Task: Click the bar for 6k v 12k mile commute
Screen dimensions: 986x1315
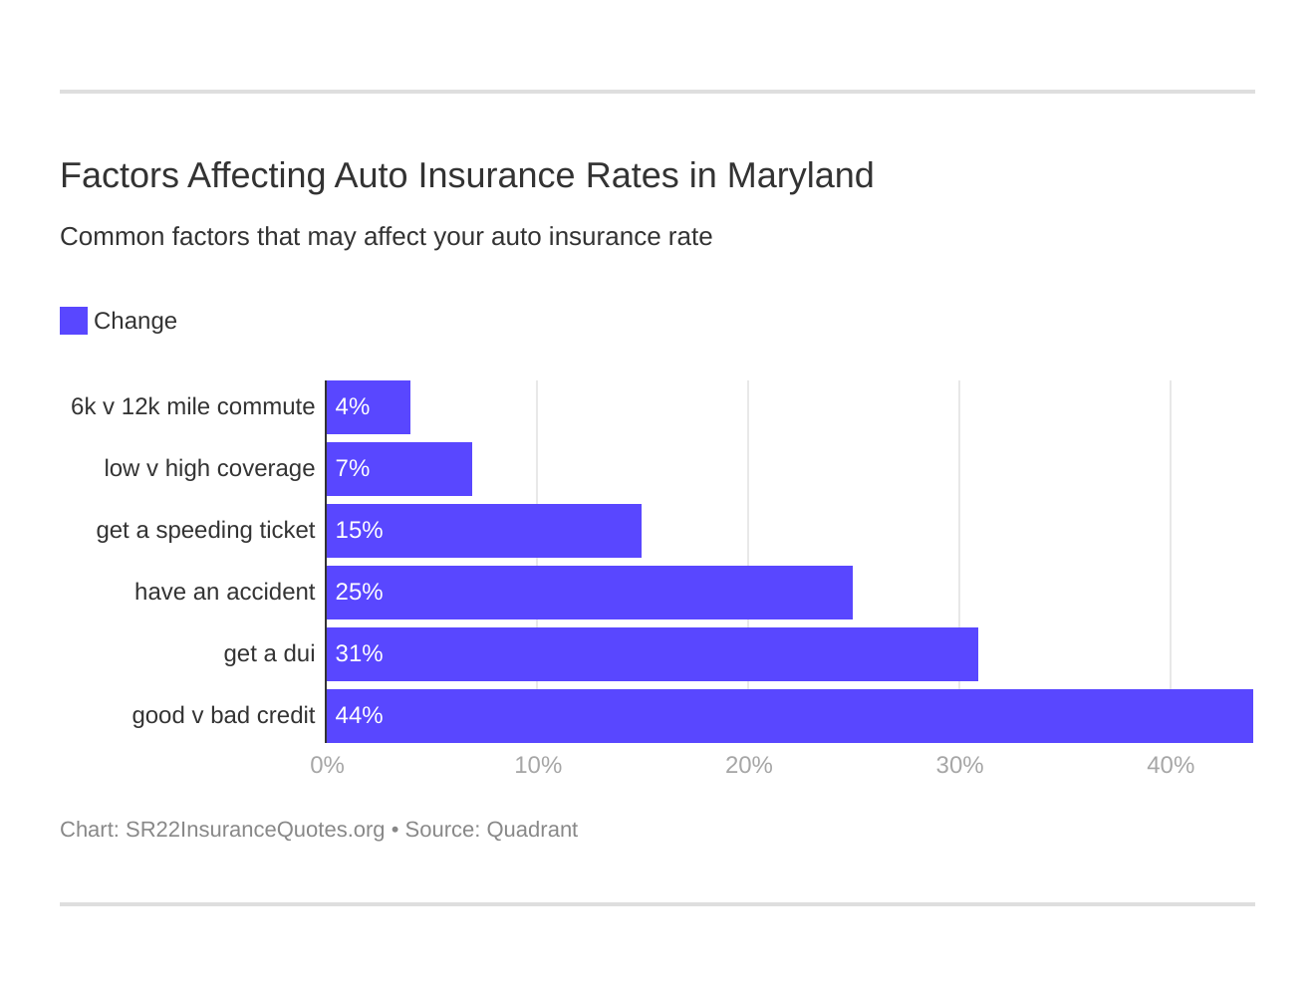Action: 369,407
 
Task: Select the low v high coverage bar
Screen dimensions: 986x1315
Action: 399,469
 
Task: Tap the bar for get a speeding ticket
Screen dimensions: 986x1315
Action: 484,531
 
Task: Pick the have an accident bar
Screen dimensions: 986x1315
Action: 590,593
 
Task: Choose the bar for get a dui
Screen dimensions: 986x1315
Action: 653,654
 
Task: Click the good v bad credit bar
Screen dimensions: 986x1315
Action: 790,716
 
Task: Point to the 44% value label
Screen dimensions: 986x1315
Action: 359,716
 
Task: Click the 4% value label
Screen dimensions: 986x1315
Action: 353,407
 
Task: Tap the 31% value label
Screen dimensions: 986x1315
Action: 359,654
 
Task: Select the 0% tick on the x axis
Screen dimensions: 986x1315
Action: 327,765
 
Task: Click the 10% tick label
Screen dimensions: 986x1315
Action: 538,765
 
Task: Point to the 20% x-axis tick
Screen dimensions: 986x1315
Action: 749,765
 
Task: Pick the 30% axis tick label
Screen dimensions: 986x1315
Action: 959,765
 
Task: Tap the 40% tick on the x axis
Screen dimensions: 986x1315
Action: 1171,765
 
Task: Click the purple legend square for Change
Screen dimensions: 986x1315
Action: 74,321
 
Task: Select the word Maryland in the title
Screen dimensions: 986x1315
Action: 800,175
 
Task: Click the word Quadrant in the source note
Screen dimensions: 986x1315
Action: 532,830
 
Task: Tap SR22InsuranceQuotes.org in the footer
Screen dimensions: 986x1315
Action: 255,830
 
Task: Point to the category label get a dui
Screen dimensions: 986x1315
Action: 269,654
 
